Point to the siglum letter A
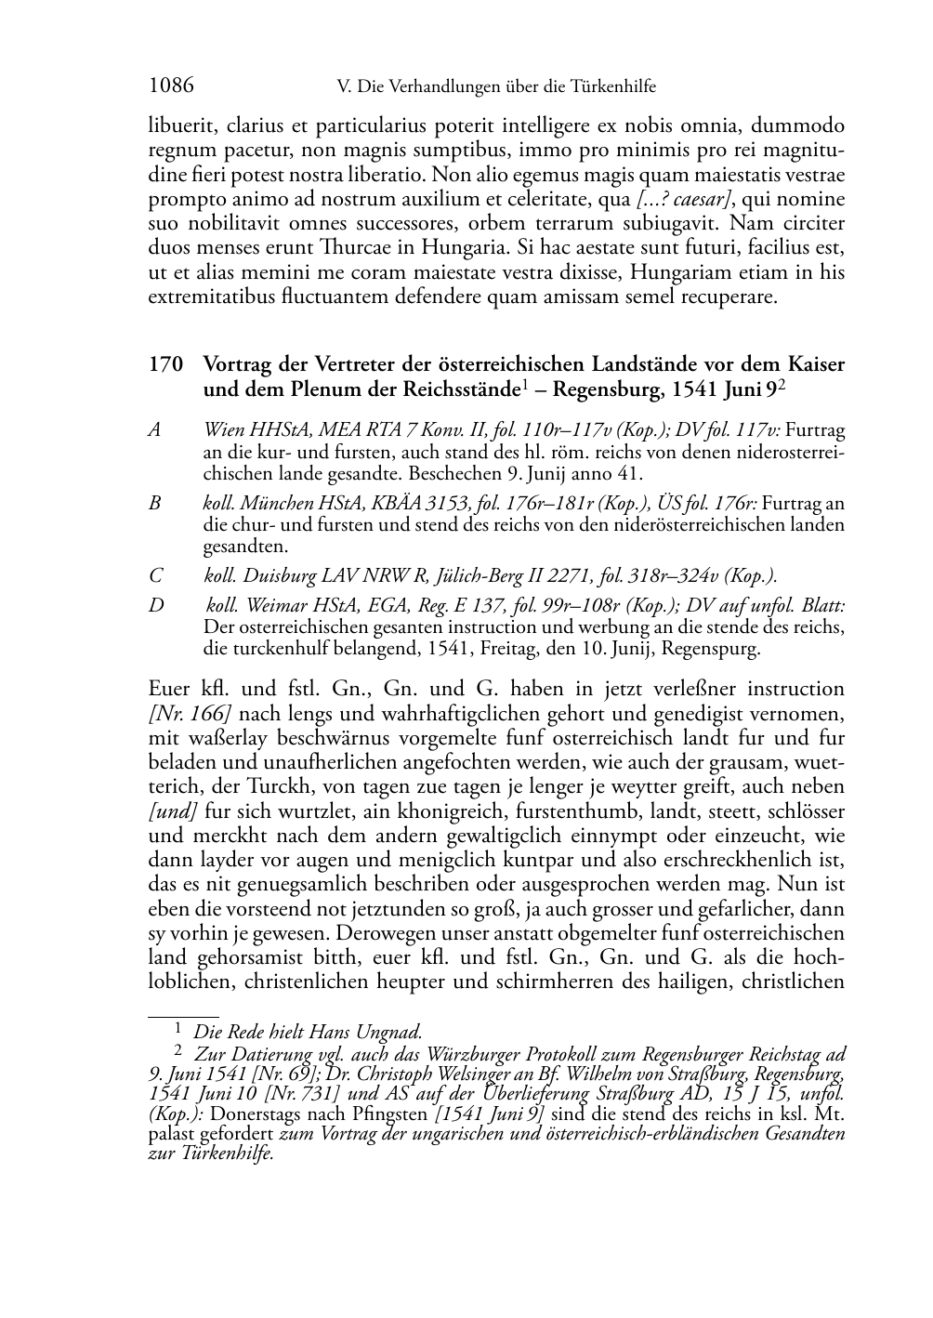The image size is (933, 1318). [x=155, y=430]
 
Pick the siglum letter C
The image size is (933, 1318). [x=155, y=575]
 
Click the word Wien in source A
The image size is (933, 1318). [x=223, y=430]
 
